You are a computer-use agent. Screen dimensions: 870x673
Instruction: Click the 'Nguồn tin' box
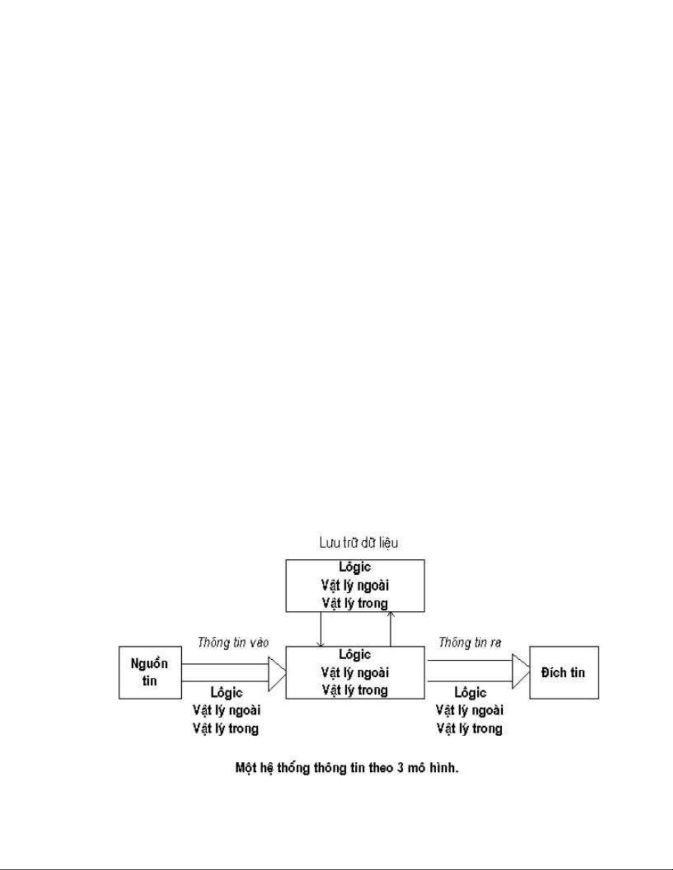pyautogui.click(x=149, y=672)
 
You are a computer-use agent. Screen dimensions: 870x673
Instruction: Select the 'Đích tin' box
pyautogui.click(x=563, y=672)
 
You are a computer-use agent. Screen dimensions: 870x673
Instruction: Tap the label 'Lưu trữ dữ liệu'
pyautogui.click(x=359, y=543)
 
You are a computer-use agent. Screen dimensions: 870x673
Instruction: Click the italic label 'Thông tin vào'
pyautogui.click(x=233, y=642)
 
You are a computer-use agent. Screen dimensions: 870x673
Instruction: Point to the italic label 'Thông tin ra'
pyautogui.click(x=470, y=642)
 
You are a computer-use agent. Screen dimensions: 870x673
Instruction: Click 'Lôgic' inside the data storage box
pyautogui.click(x=355, y=567)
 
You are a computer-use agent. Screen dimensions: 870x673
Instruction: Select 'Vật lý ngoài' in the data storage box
pyautogui.click(x=355, y=585)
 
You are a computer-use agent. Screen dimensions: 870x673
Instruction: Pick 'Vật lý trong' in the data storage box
pyautogui.click(x=355, y=603)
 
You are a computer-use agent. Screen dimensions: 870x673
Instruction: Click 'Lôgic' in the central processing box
pyautogui.click(x=355, y=654)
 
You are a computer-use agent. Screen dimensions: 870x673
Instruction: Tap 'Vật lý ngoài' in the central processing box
pyautogui.click(x=355, y=672)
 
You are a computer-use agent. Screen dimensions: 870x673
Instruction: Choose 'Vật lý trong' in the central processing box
pyautogui.click(x=355, y=690)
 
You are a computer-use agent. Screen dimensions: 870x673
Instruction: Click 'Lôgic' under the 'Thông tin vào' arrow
pyautogui.click(x=226, y=693)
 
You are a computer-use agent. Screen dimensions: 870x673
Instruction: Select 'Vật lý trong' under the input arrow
pyautogui.click(x=226, y=729)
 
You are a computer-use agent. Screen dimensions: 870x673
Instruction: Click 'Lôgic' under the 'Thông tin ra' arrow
pyautogui.click(x=470, y=693)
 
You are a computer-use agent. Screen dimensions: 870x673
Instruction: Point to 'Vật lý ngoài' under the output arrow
pyautogui.click(x=470, y=710)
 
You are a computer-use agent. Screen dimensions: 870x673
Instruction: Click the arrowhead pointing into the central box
pyautogui.click(x=276, y=673)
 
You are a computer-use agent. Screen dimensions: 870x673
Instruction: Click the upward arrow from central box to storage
pyautogui.click(x=391, y=628)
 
